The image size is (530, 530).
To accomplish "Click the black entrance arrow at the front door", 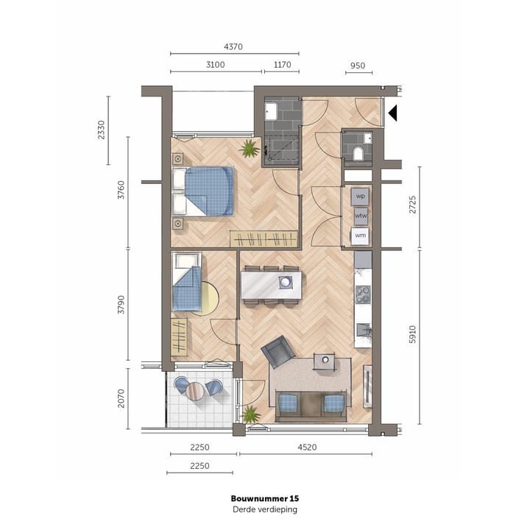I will [393, 113].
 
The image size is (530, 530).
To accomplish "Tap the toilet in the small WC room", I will [358, 153].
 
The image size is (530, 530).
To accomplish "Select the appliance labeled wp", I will [361, 197].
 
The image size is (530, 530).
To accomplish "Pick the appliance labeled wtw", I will [361, 216].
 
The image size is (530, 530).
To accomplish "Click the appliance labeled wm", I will [361, 236].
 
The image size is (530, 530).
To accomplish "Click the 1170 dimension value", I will [282, 65].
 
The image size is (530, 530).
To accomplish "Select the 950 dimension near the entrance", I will [357, 65].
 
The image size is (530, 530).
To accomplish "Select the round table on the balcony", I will [194, 389].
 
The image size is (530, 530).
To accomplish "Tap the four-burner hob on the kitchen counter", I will [363, 294].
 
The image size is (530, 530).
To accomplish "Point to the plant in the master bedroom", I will [250, 149].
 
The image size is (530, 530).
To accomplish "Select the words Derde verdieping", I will [264, 509].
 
